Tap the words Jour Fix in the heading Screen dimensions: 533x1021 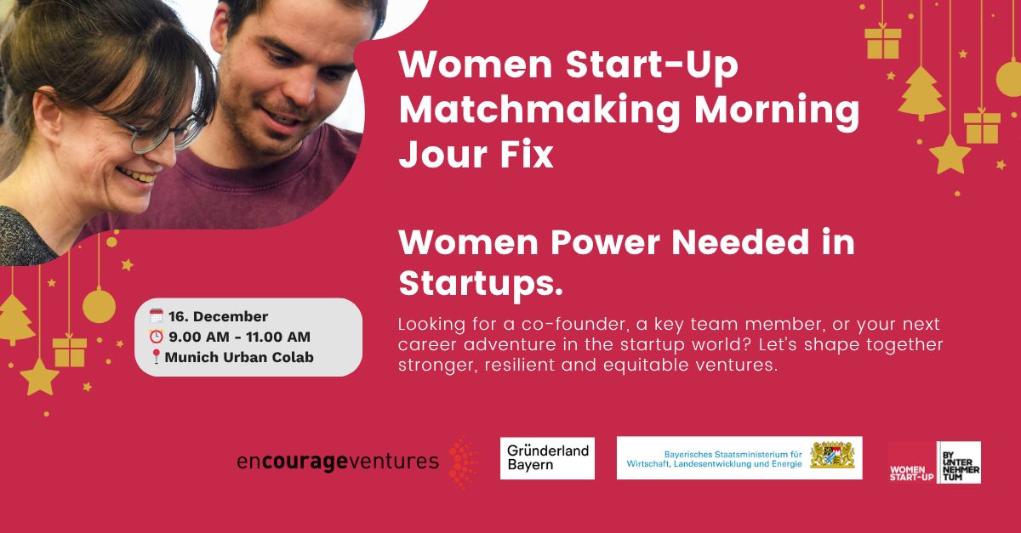(476, 155)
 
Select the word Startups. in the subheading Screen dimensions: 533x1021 (482, 283)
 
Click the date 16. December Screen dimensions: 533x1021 (217, 317)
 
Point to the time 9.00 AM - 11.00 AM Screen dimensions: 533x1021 (238, 337)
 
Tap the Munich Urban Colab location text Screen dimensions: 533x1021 (239, 357)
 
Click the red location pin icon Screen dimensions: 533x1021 (156, 357)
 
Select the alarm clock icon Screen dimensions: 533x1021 (157, 337)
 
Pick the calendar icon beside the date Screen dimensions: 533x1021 (157, 317)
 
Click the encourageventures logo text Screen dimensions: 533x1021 (338, 462)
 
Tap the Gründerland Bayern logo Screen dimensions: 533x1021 (547, 457)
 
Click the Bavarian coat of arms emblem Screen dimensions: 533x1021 (831, 456)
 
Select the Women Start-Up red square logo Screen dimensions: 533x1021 (911, 462)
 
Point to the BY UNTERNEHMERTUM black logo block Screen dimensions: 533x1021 (958, 462)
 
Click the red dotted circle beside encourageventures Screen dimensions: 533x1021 (463, 462)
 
